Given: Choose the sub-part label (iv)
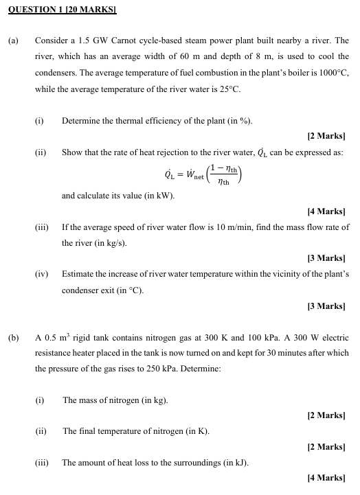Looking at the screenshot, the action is (x=42, y=274).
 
